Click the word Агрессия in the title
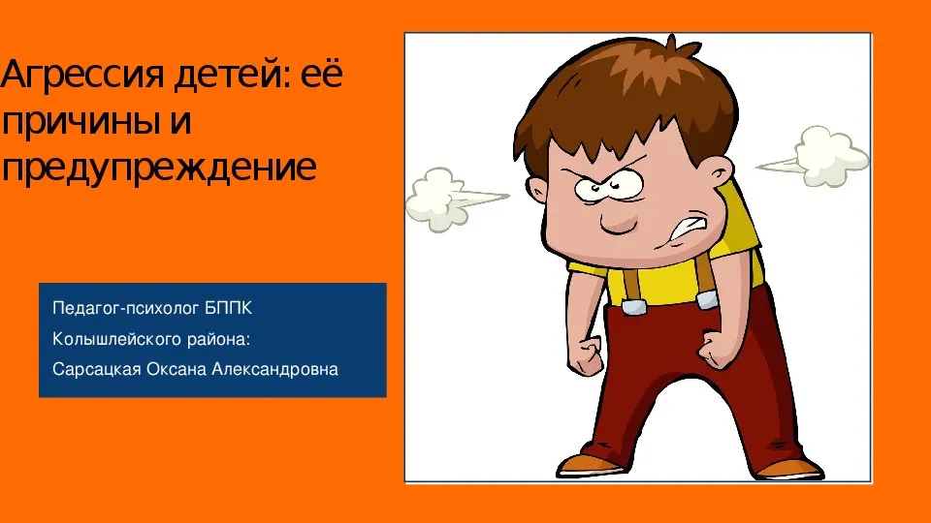click(81, 76)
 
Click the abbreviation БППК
click(229, 308)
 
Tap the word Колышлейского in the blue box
click(117, 339)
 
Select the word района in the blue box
click(218, 339)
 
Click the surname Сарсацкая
click(97, 369)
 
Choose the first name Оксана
click(177, 369)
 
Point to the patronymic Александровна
click(274, 369)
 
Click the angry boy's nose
click(618, 221)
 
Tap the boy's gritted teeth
click(688, 229)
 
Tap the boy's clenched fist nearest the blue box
click(586, 355)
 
